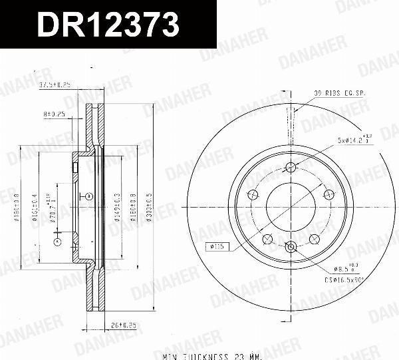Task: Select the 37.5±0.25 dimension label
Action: tap(55, 85)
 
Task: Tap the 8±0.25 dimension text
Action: tap(54, 114)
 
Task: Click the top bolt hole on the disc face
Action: tap(291, 167)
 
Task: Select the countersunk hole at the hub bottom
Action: tap(291, 247)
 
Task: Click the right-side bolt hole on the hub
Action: tap(328, 194)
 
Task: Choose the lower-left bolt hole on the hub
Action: tap(267, 238)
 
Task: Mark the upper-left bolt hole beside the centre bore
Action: tap(253, 194)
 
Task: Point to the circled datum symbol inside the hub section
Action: tap(88, 196)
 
